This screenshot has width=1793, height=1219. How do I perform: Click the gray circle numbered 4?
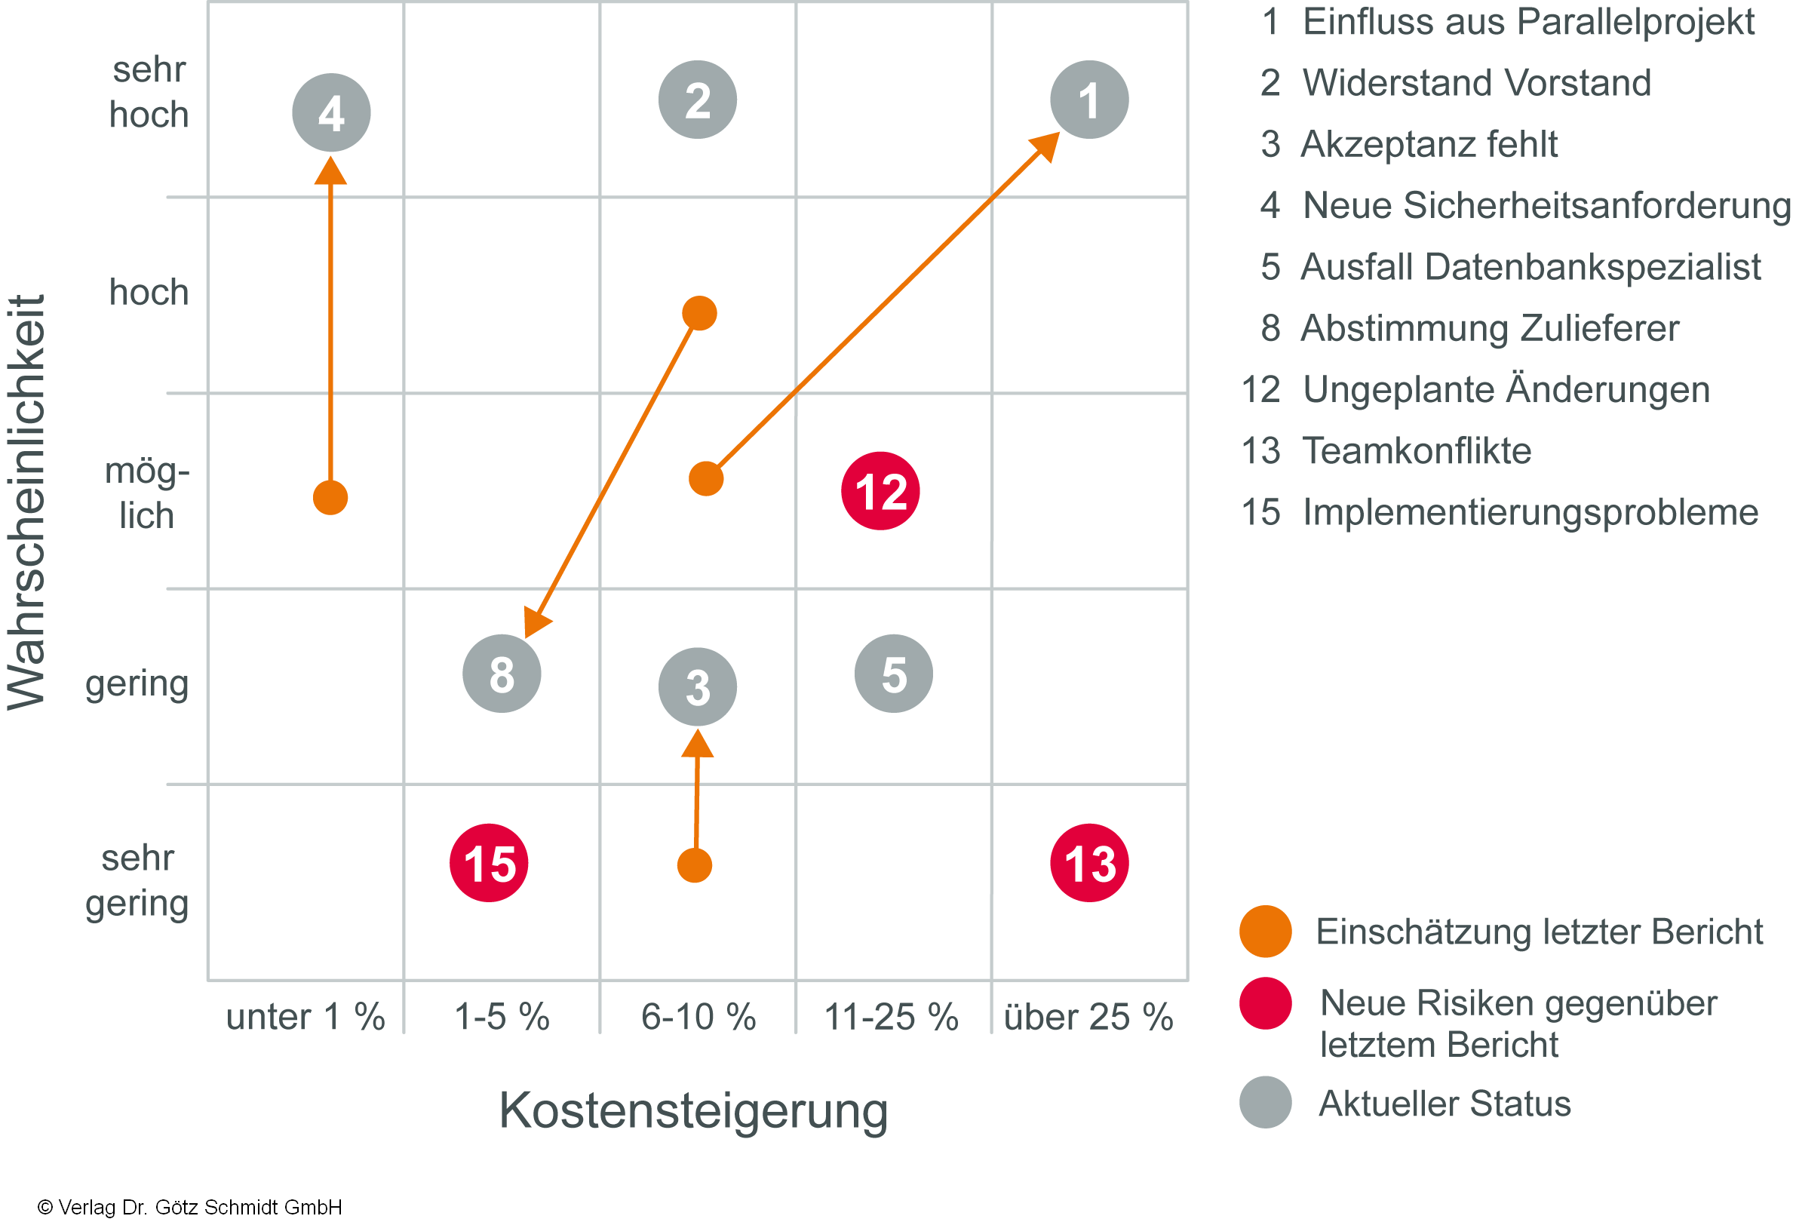pyautogui.click(x=331, y=112)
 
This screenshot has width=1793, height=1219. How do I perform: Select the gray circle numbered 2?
pyautogui.click(x=698, y=100)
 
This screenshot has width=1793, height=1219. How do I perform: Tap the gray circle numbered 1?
pyautogui.click(x=1088, y=100)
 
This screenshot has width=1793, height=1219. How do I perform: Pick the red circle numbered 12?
pyautogui.click(x=880, y=490)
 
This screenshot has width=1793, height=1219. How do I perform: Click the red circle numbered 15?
pyautogui.click(x=489, y=862)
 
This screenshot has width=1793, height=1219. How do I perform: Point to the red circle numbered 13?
pyautogui.click(x=1088, y=862)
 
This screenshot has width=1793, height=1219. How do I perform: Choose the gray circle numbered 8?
pyautogui.click(x=502, y=674)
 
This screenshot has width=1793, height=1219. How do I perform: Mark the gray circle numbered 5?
pyautogui.click(x=893, y=674)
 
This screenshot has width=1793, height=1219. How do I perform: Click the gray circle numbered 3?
pyautogui.click(x=698, y=686)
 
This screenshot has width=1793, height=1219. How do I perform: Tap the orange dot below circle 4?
pyautogui.click(x=330, y=498)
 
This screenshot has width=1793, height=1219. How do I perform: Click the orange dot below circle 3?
pyautogui.click(x=695, y=866)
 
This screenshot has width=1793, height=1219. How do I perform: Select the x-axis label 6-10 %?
pyautogui.click(x=698, y=1017)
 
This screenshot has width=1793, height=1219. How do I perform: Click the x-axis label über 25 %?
pyautogui.click(x=1088, y=1017)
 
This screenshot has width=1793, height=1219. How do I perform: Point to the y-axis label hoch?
pyautogui.click(x=149, y=293)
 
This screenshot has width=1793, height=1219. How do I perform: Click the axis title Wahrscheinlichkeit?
pyautogui.click(x=27, y=502)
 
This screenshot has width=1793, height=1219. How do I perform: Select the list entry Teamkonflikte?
pyautogui.click(x=1417, y=450)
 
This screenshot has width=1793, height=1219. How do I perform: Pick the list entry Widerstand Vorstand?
pyautogui.click(x=1476, y=82)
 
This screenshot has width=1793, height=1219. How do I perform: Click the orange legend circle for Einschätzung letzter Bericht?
pyautogui.click(x=1265, y=932)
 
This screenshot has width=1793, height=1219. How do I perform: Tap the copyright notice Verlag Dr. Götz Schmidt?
pyautogui.click(x=190, y=1207)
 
